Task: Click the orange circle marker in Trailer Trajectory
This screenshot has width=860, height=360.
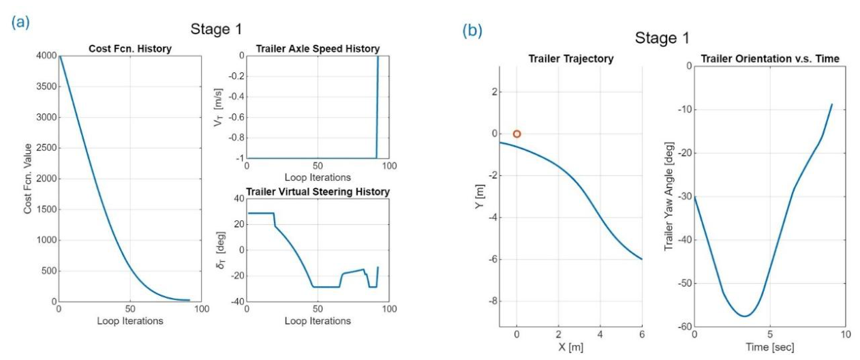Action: (x=517, y=134)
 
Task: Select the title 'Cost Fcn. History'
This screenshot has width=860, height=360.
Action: (x=130, y=49)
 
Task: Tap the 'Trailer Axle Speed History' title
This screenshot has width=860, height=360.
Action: (x=318, y=49)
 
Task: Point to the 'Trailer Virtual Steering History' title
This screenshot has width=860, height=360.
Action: (x=318, y=192)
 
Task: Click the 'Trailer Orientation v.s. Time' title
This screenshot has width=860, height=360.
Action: (x=770, y=59)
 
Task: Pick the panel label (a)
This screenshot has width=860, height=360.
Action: (x=20, y=22)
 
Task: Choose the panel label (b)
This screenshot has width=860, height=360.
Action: (x=472, y=31)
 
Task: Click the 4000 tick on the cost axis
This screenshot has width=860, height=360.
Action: (x=46, y=56)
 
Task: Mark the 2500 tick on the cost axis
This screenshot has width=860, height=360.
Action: (x=46, y=148)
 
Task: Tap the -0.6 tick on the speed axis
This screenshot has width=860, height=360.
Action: (x=236, y=117)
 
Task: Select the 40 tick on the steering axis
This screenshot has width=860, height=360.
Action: (x=239, y=198)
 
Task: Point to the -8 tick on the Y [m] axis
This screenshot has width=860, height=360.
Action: (x=492, y=301)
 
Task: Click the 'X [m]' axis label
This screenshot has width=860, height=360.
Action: (x=571, y=347)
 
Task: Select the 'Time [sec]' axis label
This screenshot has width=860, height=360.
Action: (x=770, y=347)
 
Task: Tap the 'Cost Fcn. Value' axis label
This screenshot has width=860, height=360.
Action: (x=28, y=179)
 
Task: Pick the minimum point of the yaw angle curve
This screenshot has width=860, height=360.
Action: (x=745, y=316)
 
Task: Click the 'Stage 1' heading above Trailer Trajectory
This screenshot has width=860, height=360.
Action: (x=662, y=38)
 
